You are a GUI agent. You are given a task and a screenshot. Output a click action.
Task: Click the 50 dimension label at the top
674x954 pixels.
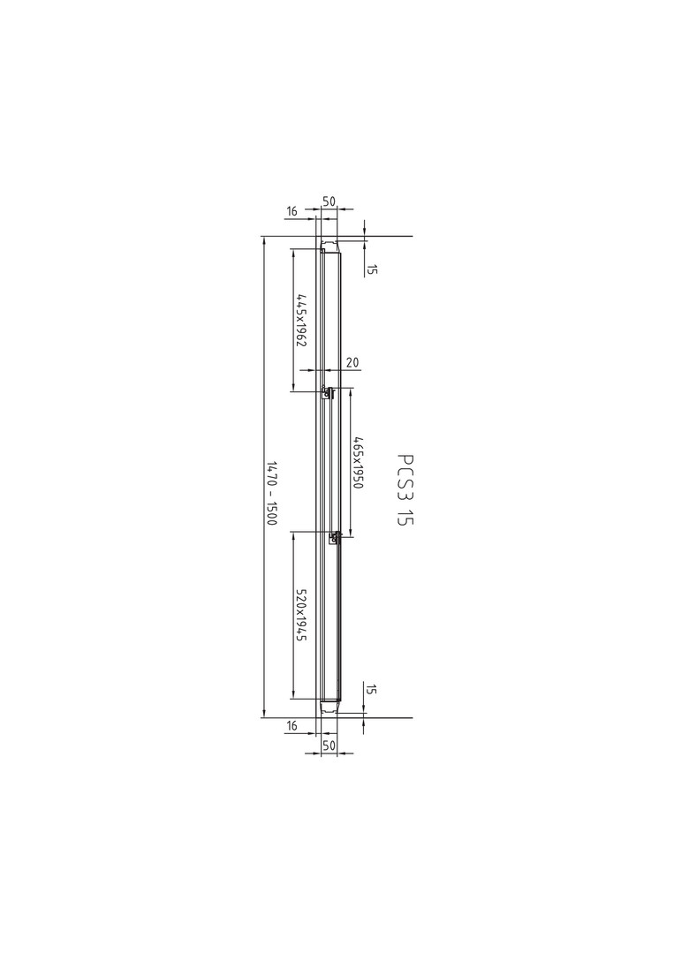pyautogui.click(x=329, y=201)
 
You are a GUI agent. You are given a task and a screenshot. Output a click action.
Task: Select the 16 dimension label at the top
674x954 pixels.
pyautogui.click(x=292, y=211)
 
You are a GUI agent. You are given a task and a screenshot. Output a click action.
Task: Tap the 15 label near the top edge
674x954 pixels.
pyautogui.click(x=372, y=269)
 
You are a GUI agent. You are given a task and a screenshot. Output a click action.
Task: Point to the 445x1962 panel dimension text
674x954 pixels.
pyautogui.click(x=301, y=320)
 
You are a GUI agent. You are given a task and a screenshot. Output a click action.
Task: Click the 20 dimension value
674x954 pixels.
pyautogui.click(x=352, y=363)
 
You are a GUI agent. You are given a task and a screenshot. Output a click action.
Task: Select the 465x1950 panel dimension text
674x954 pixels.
pyautogui.click(x=358, y=462)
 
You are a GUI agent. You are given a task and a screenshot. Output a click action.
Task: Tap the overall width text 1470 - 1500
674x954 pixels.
pyautogui.click(x=272, y=494)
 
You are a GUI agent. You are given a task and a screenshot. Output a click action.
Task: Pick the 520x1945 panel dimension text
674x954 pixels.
pyautogui.click(x=301, y=615)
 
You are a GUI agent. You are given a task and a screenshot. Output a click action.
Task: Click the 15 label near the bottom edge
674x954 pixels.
pyautogui.click(x=372, y=690)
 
